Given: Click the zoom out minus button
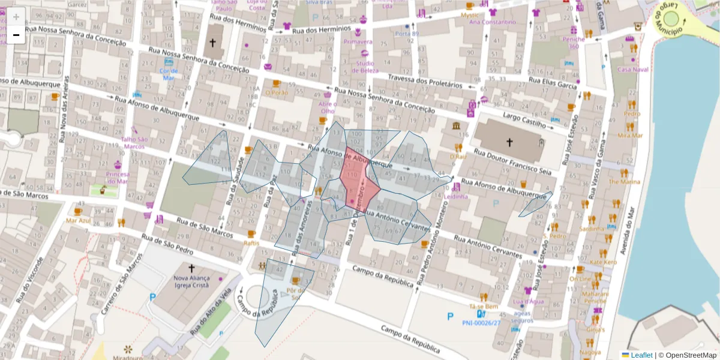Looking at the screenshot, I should point(16,35).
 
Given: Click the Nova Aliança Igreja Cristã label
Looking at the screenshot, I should point(191,281).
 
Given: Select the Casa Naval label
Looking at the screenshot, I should point(633,70).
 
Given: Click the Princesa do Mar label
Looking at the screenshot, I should point(118,178).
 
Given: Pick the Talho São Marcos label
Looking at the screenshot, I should point(134,142).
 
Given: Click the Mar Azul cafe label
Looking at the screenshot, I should point(78,220).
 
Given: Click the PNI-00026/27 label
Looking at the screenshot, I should point(481,323).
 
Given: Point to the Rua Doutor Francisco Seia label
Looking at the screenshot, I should point(512,162).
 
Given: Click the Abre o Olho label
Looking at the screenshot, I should point(327,107).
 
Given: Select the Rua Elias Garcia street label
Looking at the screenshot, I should point(551,82).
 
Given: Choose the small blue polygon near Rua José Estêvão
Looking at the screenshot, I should point(535,205).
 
